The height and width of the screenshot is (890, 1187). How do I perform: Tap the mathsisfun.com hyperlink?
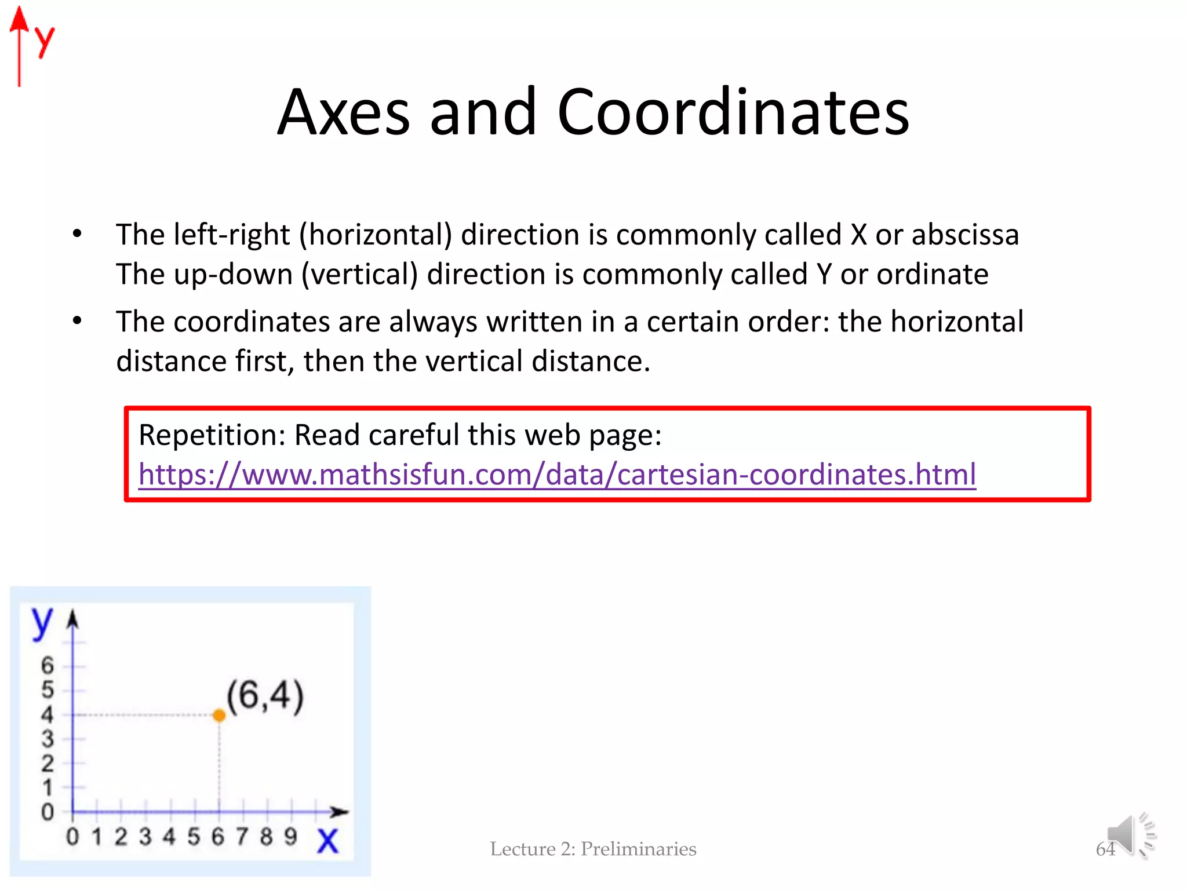(557, 475)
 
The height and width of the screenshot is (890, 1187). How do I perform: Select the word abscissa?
(965, 235)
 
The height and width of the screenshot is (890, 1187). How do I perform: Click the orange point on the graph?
(219, 716)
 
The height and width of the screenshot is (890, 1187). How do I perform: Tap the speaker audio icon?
(1131, 835)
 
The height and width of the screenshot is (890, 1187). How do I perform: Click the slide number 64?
(1105, 849)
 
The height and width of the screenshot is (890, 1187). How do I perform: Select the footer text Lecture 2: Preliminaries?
(593, 849)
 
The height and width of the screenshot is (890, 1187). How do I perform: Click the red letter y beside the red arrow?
(44, 41)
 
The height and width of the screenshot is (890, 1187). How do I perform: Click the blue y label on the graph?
(42, 623)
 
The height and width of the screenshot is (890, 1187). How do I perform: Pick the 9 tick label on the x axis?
(290, 837)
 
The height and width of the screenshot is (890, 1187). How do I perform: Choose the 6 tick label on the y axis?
(48, 665)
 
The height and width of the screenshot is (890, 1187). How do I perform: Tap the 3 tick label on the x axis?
(145, 837)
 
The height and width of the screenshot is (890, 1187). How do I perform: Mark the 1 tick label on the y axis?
(48, 788)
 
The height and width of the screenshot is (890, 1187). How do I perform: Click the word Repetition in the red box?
(212, 435)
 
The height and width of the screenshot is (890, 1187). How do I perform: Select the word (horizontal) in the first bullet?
(375, 235)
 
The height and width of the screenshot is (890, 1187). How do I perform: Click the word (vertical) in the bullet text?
(359, 274)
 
